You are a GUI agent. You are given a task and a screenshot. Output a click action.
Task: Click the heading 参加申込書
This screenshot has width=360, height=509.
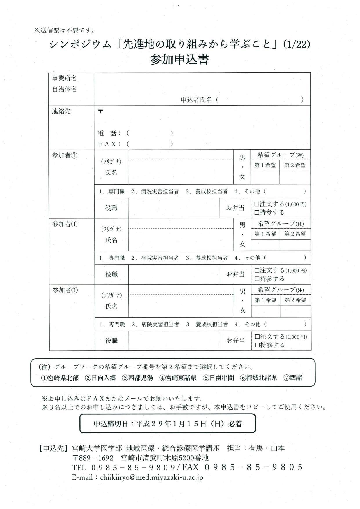coord(180,60)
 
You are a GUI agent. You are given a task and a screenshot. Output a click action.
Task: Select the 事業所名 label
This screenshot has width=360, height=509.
coord(64,78)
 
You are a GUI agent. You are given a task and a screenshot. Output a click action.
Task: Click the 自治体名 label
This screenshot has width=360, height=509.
coord(64,89)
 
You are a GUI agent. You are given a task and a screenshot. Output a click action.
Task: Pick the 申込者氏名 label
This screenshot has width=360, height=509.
coord(196,100)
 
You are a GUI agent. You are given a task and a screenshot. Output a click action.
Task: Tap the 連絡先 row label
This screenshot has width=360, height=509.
coord(61,111)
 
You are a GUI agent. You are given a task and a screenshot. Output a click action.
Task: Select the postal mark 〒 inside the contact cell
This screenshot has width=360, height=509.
coord(100,111)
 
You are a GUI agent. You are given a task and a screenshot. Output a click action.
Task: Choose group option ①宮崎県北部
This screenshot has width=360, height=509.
coord(60,378)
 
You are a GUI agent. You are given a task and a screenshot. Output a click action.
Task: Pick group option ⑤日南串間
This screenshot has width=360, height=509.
coord(218,378)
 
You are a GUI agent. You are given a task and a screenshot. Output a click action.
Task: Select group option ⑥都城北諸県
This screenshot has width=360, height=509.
coord(258,378)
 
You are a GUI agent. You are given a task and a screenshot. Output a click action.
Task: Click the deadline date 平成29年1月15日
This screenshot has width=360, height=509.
coord(171,424)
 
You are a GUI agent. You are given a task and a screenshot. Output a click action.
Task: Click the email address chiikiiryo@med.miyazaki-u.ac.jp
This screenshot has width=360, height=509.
coord(152,477)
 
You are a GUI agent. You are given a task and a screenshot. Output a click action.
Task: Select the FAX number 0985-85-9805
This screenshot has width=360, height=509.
coord(254,467)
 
